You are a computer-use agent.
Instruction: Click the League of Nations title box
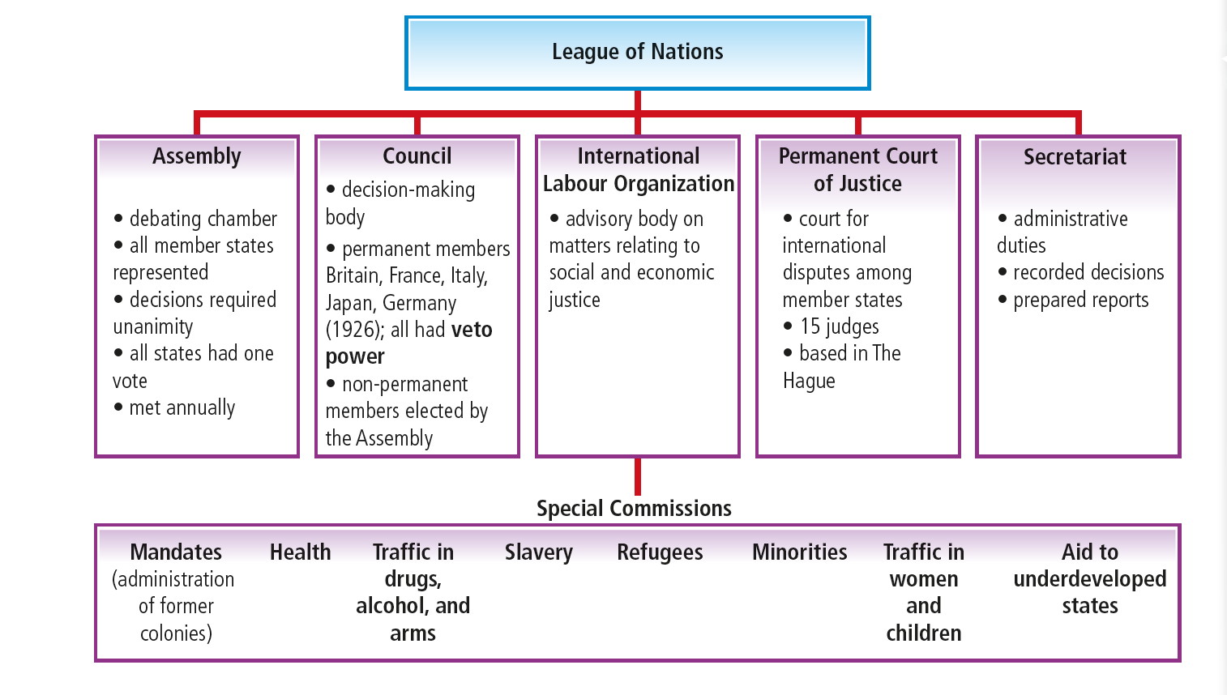tap(637, 53)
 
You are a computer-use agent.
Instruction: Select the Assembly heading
tap(197, 156)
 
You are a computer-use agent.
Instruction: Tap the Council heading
tap(417, 156)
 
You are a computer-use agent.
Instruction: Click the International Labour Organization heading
tap(638, 170)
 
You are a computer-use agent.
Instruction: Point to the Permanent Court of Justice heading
tap(857, 170)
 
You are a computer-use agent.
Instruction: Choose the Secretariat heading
tap(1075, 157)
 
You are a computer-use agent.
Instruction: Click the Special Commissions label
tap(634, 509)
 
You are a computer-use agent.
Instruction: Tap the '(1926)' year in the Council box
tap(354, 330)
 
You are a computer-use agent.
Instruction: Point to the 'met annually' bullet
tap(182, 408)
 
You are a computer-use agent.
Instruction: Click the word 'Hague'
tap(809, 382)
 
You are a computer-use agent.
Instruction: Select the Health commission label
tap(300, 552)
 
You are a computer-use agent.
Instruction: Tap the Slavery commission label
tap(538, 552)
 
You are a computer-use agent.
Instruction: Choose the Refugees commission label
tap(660, 552)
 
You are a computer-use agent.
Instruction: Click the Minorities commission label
tap(799, 552)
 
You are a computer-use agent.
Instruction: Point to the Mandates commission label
tap(176, 552)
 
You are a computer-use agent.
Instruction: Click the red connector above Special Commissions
tap(638, 476)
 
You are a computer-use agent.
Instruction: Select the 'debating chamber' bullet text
tap(203, 220)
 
